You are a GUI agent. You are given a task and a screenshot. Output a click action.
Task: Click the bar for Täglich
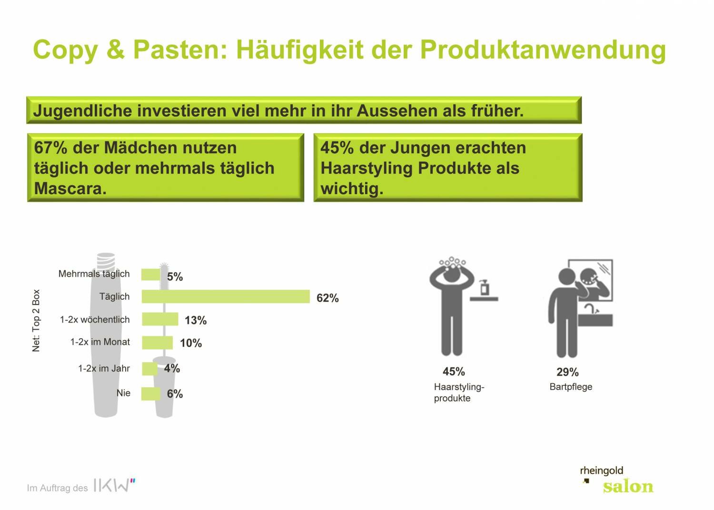226,296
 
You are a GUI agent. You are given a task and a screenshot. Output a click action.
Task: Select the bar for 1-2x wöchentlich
160,319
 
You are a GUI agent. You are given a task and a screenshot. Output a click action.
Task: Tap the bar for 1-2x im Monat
157,342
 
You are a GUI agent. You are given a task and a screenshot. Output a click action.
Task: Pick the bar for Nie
151,393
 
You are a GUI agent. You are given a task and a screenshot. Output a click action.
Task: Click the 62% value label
327,298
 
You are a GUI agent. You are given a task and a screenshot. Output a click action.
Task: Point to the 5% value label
175,277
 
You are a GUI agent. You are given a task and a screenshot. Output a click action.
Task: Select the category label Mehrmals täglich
94,274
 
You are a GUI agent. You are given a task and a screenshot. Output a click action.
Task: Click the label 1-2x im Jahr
104,368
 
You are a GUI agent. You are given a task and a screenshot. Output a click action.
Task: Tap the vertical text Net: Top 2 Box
36,320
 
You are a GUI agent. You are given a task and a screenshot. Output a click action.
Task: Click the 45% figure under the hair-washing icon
454,372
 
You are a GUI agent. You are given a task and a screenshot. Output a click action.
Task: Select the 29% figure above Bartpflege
567,372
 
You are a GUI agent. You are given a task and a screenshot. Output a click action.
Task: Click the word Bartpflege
571,387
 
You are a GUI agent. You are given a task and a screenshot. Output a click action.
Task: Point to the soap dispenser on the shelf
485,287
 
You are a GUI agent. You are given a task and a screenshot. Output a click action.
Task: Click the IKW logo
114,485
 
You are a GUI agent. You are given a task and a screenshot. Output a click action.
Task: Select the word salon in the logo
628,487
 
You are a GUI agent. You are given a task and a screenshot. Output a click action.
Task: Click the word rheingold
601,471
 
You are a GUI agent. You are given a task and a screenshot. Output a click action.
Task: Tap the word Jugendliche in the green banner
82,111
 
